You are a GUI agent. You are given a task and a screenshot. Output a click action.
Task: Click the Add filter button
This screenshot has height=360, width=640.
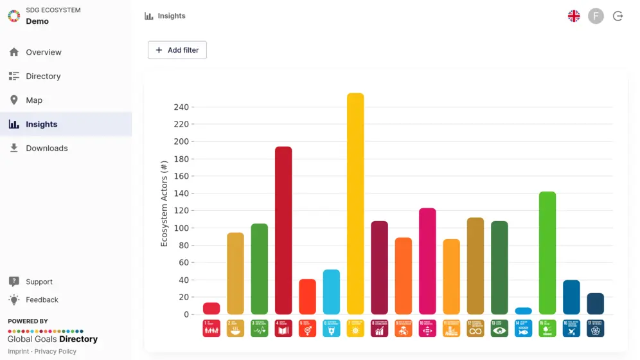pyautogui.click(x=177, y=50)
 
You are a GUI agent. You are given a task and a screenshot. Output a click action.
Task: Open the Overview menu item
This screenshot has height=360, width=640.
pyautogui.click(x=44, y=52)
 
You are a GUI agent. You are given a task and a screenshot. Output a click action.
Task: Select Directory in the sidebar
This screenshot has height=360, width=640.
pyautogui.click(x=43, y=76)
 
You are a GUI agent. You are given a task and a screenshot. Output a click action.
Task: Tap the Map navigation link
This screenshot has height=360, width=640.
pyautogui.click(x=34, y=100)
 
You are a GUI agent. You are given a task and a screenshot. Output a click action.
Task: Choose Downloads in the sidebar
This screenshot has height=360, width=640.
pyautogui.click(x=46, y=148)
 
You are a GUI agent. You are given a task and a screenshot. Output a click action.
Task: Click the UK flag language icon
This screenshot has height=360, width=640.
pyautogui.click(x=574, y=16)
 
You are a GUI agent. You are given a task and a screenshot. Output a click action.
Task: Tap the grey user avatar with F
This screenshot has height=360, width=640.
pyautogui.click(x=596, y=16)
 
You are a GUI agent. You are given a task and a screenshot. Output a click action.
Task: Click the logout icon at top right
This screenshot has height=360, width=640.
pyautogui.click(x=618, y=16)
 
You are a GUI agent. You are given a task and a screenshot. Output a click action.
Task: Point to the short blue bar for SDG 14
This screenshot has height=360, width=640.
pyautogui.click(x=524, y=311)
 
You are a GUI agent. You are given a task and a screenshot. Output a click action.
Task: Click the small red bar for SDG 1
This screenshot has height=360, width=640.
pyautogui.click(x=211, y=309)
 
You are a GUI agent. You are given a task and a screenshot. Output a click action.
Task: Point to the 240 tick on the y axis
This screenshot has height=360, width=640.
pyautogui.click(x=181, y=107)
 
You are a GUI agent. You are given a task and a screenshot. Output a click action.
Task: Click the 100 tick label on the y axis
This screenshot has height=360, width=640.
pyautogui.click(x=181, y=228)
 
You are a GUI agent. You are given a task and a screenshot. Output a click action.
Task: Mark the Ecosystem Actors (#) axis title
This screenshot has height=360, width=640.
pyautogui.click(x=164, y=204)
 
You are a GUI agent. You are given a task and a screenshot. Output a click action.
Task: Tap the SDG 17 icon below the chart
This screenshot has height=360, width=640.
pyautogui.click(x=596, y=328)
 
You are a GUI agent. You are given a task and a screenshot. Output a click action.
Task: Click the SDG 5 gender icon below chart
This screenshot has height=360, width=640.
pyautogui.click(x=307, y=328)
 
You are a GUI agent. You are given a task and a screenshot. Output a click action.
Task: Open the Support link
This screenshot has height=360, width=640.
pyautogui.click(x=39, y=282)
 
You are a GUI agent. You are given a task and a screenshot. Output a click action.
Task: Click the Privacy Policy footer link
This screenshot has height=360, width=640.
pyautogui.click(x=55, y=352)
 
